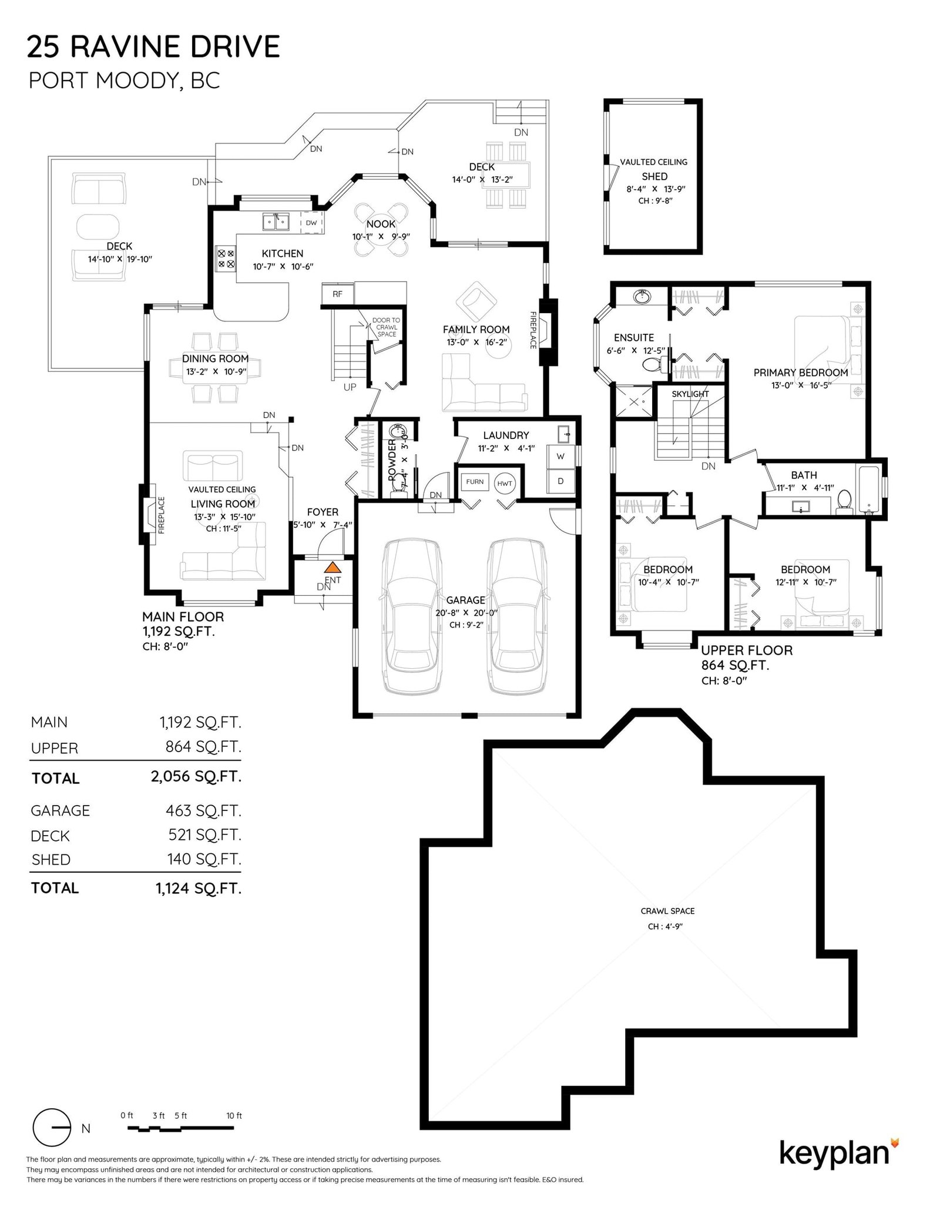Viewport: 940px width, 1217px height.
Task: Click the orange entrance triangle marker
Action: click(x=333, y=567)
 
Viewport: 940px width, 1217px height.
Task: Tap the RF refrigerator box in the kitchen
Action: click(x=337, y=294)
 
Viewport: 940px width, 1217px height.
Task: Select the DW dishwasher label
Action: click(x=311, y=223)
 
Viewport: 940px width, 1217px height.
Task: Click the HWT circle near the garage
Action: click(x=504, y=483)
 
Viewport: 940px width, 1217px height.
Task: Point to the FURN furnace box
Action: click(x=475, y=482)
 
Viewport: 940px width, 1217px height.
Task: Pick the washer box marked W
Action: click(x=560, y=456)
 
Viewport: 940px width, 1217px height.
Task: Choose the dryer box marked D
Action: click(x=560, y=481)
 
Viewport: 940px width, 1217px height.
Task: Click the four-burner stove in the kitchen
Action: click(x=226, y=259)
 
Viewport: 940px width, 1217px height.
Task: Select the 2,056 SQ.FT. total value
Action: click(x=196, y=776)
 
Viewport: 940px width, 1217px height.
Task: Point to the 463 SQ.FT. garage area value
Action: click(x=203, y=810)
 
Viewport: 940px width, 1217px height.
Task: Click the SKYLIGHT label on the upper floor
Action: click(x=690, y=394)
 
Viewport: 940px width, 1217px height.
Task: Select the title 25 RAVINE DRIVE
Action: click(x=153, y=47)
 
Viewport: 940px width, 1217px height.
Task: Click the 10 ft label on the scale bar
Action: click(x=234, y=1115)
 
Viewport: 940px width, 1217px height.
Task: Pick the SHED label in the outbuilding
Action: click(x=654, y=176)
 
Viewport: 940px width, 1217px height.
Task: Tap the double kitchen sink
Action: click(x=276, y=222)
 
